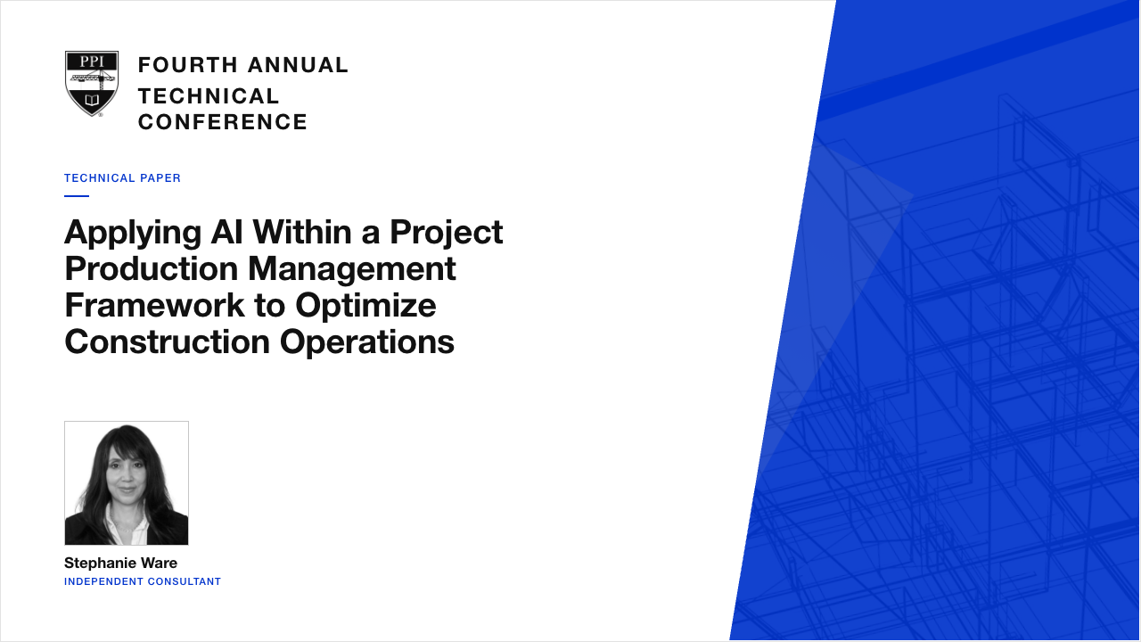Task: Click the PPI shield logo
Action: [x=92, y=84]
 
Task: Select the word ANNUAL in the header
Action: [x=298, y=65]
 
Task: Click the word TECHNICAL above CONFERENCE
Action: [x=209, y=96]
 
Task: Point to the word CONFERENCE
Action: [x=223, y=122]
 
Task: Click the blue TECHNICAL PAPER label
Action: [x=122, y=178]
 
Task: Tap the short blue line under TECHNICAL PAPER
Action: [x=77, y=195]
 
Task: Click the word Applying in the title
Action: [x=133, y=234]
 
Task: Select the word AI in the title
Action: [x=226, y=232]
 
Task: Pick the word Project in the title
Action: [x=447, y=234]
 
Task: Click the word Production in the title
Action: [x=152, y=268]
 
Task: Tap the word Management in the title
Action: [x=352, y=270]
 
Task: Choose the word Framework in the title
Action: [x=155, y=305]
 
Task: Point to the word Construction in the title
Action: [x=167, y=342]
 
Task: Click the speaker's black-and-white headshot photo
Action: [x=127, y=483]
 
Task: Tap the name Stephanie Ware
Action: [x=120, y=563]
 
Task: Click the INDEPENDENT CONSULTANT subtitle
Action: [x=143, y=582]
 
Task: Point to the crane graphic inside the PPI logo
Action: [x=92, y=79]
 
